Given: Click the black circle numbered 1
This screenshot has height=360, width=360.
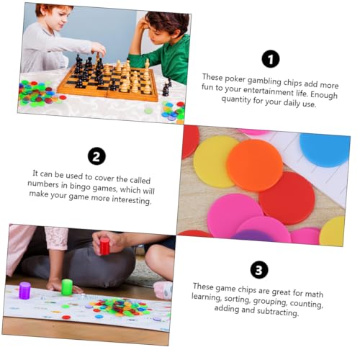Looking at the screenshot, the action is (x=271, y=59).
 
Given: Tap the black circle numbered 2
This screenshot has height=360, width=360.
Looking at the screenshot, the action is (x=96, y=156).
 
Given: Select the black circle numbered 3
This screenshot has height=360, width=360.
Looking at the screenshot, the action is (x=259, y=270).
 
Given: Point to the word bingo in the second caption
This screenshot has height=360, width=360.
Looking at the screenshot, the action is (x=80, y=186).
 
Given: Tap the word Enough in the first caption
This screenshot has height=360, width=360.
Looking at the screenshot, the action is (x=324, y=95).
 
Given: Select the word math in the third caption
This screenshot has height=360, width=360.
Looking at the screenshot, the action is (x=314, y=293).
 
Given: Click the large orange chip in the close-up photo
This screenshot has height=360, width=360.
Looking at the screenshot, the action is (x=255, y=165).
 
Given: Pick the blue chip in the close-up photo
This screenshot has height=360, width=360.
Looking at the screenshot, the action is (x=325, y=149).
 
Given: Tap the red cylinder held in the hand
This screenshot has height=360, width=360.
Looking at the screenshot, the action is (x=104, y=246).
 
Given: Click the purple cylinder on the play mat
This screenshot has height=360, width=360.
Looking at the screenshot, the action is (x=24, y=291).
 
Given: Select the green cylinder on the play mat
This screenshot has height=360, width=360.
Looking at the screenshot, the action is (x=67, y=287).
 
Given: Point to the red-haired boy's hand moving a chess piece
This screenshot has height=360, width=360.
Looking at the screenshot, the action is (x=99, y=49).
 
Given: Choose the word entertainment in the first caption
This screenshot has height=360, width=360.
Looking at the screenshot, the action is (x=264, y=91).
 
